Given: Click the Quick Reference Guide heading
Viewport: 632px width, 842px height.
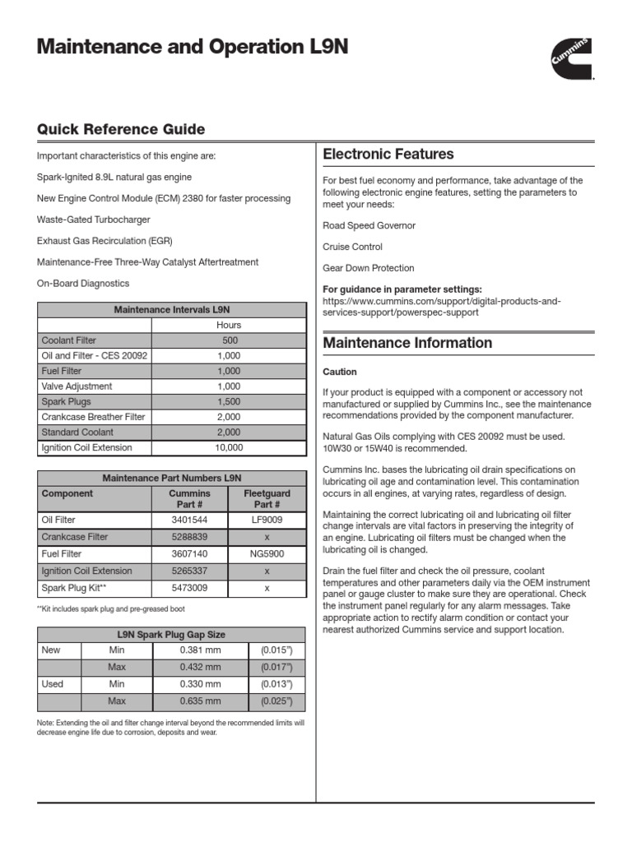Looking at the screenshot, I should pos(121,130).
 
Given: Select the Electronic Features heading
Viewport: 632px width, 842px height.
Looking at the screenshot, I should pos(388,154).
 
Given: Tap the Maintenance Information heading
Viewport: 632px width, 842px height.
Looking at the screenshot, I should pos(407,343).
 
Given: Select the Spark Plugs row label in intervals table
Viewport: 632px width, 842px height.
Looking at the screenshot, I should pos(67,402).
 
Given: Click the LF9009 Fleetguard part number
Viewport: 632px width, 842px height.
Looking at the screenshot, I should pos(267,520).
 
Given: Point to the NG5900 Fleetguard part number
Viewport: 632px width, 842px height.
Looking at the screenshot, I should pos(267,554).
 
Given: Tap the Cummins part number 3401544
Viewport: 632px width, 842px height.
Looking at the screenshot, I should pos(189,520).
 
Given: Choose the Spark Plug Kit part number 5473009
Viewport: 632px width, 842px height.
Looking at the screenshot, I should pos(189,589).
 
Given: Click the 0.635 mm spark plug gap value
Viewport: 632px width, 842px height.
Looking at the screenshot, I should pos(201,701).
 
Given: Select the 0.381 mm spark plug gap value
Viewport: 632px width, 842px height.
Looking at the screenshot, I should pos(201,650).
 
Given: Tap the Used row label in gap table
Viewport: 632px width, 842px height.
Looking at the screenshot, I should pos(51,684).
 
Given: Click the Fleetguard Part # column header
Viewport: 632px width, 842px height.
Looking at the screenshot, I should pos(267,498).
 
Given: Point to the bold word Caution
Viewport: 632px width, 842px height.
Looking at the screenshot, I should pos(340,372).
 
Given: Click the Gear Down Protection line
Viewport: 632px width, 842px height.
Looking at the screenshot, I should pos(368,268).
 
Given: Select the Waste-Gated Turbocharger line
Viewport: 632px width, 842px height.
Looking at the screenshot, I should pos(94,220).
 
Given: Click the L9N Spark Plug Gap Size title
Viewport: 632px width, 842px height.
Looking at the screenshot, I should pos(171,634).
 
